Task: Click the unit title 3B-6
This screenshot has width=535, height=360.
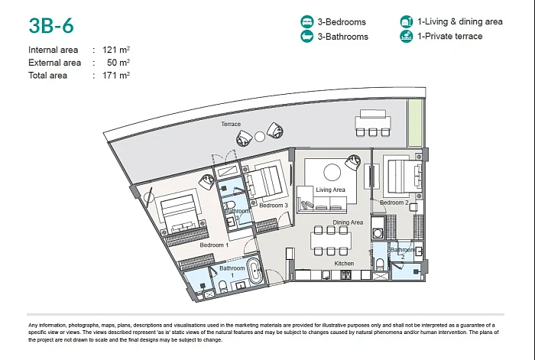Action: (x=51, y=25)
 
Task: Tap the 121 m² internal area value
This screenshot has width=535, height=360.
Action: (x=116, y=50)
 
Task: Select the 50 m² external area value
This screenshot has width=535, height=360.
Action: (x=118, y=63)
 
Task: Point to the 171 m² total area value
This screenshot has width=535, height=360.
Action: (x=116, y=75)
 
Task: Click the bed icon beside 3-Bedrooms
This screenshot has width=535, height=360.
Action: (x=307, y=21)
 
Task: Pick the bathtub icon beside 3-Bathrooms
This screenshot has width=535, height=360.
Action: (x=307, y=36)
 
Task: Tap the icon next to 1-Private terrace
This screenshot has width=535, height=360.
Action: (x=407, y=36)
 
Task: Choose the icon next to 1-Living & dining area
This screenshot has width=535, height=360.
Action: (x=407, y=21)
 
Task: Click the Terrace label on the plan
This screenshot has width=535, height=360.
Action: (x=231, y=125)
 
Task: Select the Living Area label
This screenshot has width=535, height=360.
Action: (x=330, y=190)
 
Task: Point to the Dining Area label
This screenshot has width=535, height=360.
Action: (x=348, y=222)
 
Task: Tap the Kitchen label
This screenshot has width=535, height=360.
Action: (x=344, y=264)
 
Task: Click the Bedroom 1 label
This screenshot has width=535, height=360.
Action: (x=214, y=245)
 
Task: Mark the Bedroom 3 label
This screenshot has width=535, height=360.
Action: (x=274, y=206)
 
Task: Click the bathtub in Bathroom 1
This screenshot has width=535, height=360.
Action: (x=255, y=271)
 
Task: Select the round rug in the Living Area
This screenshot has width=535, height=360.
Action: (x=332, y=172)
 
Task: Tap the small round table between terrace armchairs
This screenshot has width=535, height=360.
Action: (x=260, y=137)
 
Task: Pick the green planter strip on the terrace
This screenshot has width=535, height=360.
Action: (x=415, y=123)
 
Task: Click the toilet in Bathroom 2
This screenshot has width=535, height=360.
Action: (x=380, y=264)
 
